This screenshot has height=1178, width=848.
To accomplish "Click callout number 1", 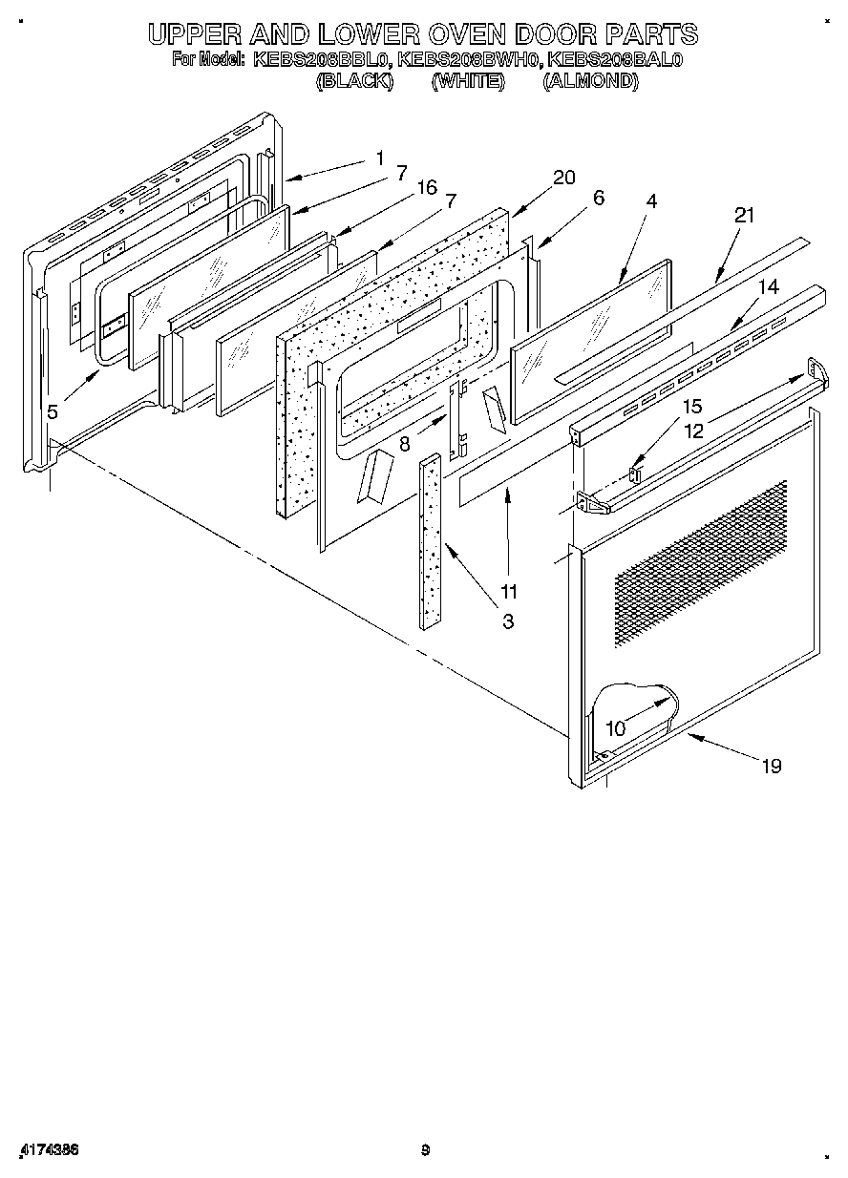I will tap(380, 157).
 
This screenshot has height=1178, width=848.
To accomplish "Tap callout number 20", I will tap(564, 177).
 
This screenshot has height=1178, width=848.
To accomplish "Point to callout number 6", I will tap(599, 198).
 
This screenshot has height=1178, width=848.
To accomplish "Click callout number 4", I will tap(651, 201).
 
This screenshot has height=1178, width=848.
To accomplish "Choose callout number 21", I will tap(744, 216).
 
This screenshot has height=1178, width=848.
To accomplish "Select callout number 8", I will tap(405, 443).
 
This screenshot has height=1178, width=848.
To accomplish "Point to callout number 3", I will tap(508, 621).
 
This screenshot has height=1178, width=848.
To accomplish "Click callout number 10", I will tap(616, 728).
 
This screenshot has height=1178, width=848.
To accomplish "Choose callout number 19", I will tap(772, 765).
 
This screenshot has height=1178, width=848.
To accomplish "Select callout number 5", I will tap(53, 411).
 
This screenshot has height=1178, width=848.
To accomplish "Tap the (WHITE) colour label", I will tap(467, 81).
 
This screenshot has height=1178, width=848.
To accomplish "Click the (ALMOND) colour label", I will tap(590, 81).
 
